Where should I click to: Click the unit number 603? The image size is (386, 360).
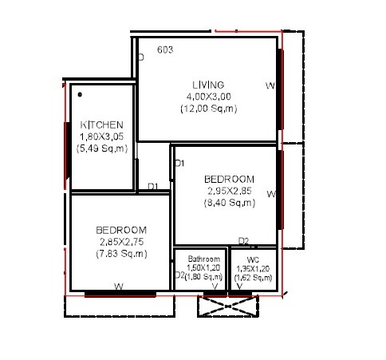pos(165,49)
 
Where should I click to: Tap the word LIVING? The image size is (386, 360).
pos(207,85)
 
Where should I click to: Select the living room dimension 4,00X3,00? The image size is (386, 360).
pos(207,96)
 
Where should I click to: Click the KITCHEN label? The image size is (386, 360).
pos(101,125)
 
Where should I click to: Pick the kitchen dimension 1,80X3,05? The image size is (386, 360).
pos(101,136)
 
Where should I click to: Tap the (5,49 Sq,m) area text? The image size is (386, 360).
pos(101,148)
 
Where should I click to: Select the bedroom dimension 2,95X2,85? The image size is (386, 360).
pos(229,191)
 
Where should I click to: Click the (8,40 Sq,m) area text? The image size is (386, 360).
pos(229,203)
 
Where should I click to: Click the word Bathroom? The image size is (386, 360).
pos(203,259)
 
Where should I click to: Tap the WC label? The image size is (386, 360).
pos(253,259)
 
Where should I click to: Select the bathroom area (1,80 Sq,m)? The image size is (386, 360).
pos(204,277)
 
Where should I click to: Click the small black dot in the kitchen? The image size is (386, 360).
pos(80,94)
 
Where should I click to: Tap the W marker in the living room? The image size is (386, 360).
pos(270,85)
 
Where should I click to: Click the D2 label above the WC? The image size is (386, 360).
pos(243,241)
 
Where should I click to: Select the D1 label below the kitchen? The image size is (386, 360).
pos(153,187)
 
